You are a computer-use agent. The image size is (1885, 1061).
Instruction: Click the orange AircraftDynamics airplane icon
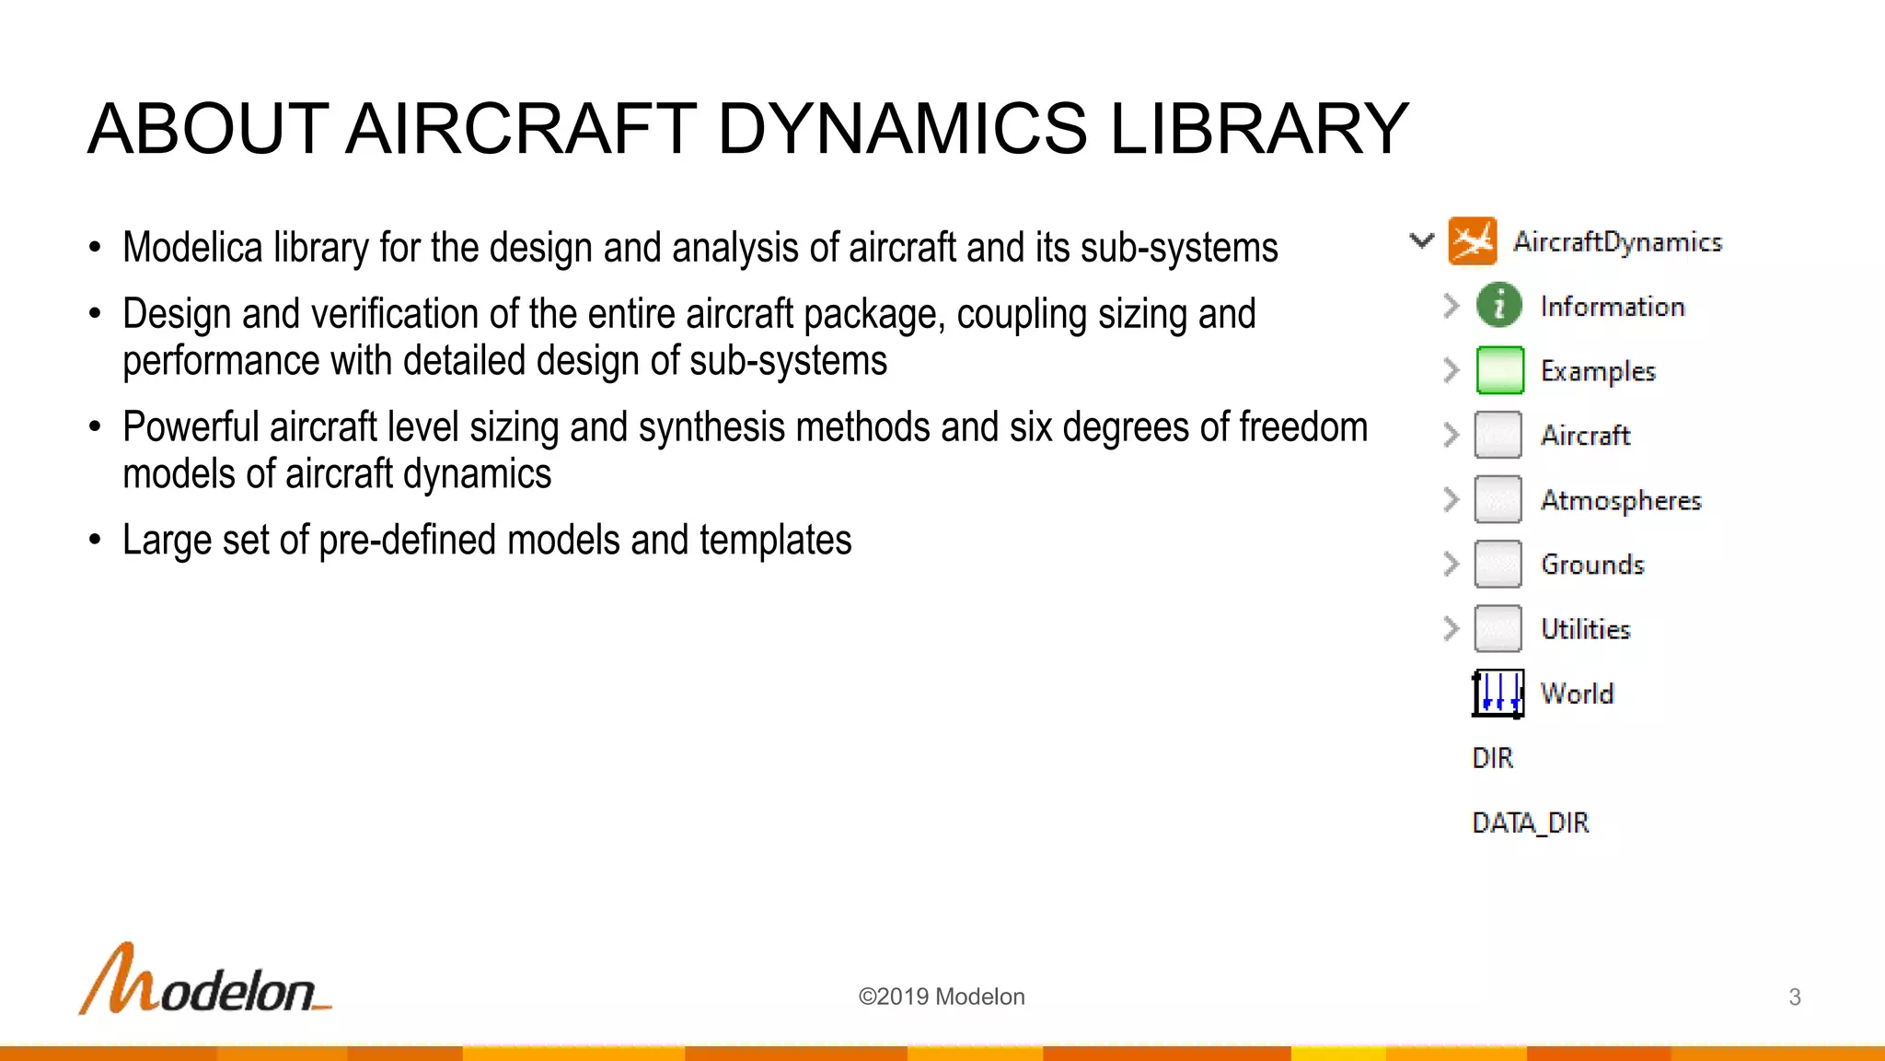tap(1472, 241)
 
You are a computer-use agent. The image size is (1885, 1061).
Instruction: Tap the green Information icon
tap(1498, 306)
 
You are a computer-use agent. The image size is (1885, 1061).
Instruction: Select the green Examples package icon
tap(1498, 370)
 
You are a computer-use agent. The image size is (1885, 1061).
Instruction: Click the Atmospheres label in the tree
tap(1621, 500)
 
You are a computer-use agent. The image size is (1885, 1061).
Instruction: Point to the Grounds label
tap(1592, 565)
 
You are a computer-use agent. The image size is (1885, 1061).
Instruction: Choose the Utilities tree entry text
tap(1585, 629)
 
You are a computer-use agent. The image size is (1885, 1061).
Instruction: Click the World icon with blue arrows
tap(1498, 693)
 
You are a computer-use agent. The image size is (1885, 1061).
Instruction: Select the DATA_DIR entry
tap(1530, 822)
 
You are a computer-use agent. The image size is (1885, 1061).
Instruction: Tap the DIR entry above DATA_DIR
tap(1492, 758)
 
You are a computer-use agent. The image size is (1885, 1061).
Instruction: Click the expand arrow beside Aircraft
tap(1451, 435)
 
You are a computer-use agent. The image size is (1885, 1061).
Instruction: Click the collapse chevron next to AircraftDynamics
tap(1422, 241)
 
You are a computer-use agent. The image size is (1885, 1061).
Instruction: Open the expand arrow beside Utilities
tap(1451, 629)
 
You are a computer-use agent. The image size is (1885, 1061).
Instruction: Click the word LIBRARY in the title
tap(1258, 129)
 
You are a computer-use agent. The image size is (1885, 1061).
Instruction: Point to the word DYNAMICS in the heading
tap(902, 129)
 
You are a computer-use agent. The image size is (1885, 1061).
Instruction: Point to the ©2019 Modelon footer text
tap(941, 997)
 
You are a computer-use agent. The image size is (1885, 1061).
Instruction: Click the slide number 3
tap(1794, 997)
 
